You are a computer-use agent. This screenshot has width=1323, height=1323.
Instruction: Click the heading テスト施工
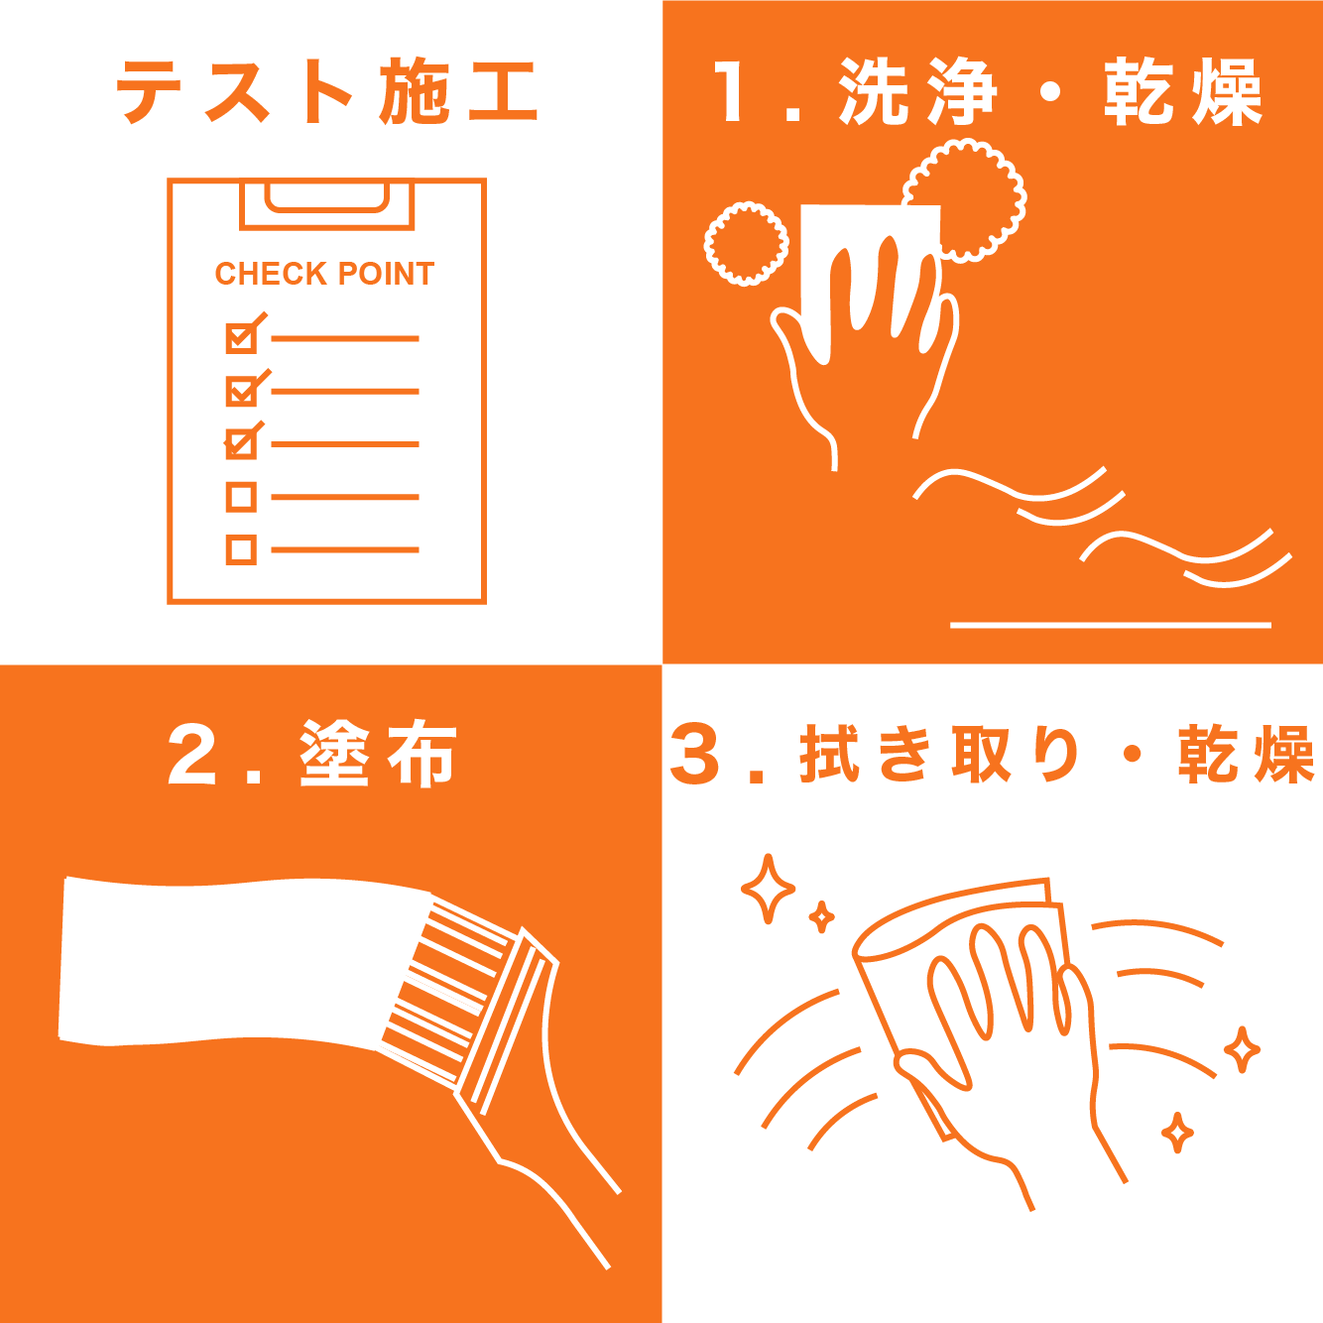click(327, 92)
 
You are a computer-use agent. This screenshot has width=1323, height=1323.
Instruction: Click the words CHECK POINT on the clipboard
click(324, 274)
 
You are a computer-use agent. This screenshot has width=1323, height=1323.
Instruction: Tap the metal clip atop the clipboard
click(327, 204)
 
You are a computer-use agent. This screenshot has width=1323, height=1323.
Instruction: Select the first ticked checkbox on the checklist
click(242, 337)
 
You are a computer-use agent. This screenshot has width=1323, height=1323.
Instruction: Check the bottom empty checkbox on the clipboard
click(241, 550)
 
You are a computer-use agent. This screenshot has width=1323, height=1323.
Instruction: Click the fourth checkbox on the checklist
click(241, 497)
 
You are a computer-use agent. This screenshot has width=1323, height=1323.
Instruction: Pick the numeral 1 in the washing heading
click(730, 91)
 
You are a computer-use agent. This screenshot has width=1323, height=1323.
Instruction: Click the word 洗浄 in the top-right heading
click(916, 91)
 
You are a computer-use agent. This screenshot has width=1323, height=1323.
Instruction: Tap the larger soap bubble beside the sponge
click(965, 200)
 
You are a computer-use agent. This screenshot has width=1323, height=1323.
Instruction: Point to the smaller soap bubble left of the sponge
click(746, 244)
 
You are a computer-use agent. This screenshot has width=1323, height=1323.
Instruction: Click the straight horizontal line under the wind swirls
click(1110, 625)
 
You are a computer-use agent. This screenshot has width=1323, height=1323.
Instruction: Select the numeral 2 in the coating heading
click(191, 754)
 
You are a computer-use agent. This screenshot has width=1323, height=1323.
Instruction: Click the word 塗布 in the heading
click(378, 754)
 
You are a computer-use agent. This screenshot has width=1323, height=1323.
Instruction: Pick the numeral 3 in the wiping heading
click(694, 754)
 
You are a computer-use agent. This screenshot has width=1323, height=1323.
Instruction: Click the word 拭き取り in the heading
click(940, 754)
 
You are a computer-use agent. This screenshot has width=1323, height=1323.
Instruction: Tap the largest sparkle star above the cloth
click(769, 889)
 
